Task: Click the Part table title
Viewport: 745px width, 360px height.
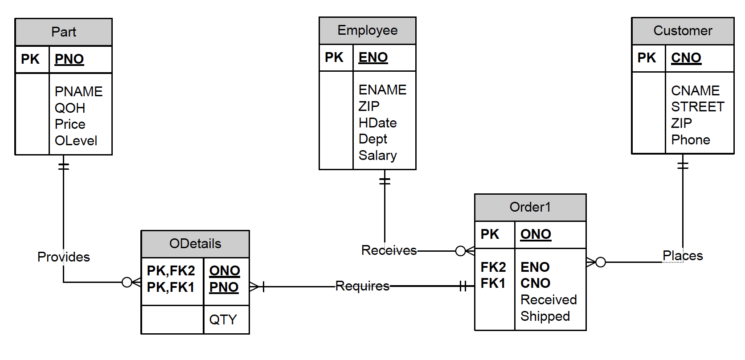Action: click(63, 32)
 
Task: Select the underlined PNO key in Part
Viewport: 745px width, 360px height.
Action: click(69, 59)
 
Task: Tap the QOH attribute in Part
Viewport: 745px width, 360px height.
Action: click(70, 108)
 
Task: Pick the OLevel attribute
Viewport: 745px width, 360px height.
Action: click(76, 141)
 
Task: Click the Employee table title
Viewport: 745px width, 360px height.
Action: click(367, 30)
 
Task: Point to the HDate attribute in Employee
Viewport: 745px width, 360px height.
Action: click(377, 123)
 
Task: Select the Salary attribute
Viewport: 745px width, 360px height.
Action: click(377, 155)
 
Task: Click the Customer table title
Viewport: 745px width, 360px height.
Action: click(683, 31)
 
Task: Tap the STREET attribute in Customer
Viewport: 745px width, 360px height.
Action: click(697, 107)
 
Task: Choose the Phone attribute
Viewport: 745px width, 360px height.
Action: click(690, 140)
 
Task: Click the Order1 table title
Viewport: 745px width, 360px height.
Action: click(530, 207)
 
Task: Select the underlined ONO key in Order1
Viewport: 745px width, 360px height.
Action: click(536, 234)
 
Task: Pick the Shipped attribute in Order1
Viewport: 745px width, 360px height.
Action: click(545, 316)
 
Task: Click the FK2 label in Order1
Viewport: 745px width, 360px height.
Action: click(493, 267)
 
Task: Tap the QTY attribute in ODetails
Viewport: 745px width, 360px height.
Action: click(223, 319)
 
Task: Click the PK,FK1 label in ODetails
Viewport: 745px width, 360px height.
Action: click(171, 287)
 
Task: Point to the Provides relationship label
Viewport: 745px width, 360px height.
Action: click(63, 257)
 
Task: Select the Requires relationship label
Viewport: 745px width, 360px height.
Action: click(362, 286)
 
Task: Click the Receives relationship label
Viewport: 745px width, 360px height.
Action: click(389, 250)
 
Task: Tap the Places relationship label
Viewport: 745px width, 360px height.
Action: click(682, 256)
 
